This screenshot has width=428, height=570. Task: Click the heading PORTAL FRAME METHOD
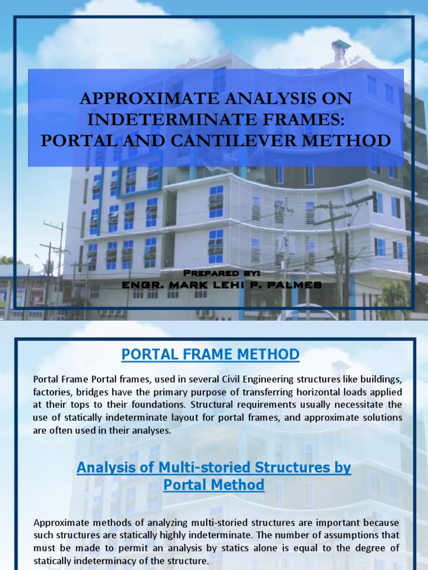point(211,354)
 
